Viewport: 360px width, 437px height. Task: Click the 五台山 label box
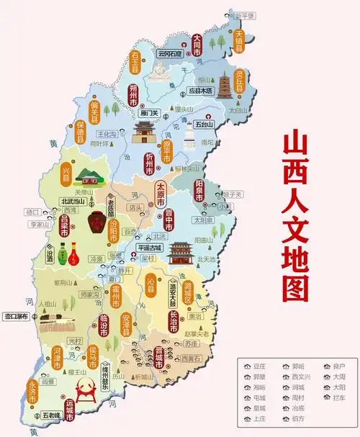pyautogui.click(x=204, y=124)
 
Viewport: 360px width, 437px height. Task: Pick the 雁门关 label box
pyautogui.click(x=150, y=113)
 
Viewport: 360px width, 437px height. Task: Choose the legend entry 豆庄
pyautogui.click(x=259, y=366)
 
